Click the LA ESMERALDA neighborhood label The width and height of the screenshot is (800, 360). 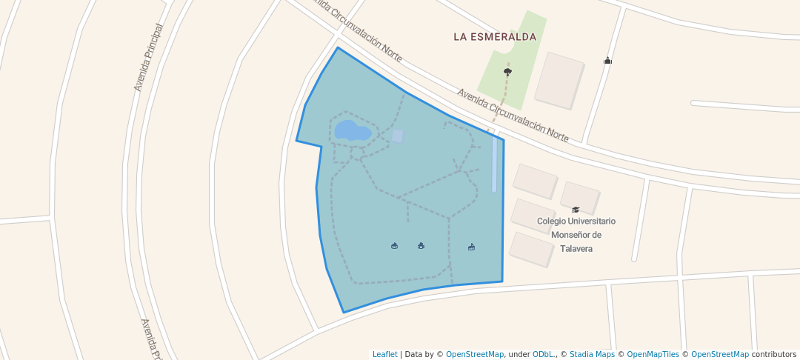click(x=494, y=36)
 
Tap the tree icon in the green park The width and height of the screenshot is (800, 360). click(x=507, y=72)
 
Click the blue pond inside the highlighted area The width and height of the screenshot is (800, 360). click(x=352, y=131)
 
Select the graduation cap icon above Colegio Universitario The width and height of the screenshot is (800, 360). click(x=576, y=210)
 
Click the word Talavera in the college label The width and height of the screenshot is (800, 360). click(x=576, y=249)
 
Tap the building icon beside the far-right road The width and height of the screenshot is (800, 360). click(x=607, y=61)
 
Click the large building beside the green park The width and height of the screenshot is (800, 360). click(x=559, y=80)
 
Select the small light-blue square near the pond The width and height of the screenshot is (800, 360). click(x=398, y=136)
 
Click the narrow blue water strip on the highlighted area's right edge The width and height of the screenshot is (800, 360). click(x=494, y=163)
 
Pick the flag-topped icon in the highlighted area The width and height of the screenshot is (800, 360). click(x=471, y=247)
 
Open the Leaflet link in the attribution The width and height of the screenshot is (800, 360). click(x=384, y=354)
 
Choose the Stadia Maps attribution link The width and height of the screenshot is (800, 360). click(x=593, y=354)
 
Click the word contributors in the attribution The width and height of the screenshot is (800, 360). click(x=773, y=354)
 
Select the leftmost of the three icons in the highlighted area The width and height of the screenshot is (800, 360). click(x=394, y=246)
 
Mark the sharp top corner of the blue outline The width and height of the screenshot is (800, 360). click(x=338, y=47)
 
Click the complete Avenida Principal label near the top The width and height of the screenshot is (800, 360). click(x=148, y=58)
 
